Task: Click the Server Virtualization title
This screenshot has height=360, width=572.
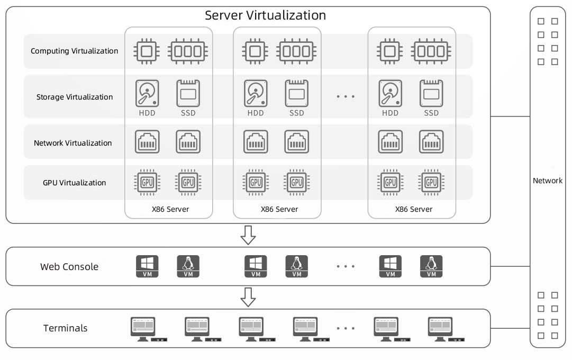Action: click(x=265, y=15)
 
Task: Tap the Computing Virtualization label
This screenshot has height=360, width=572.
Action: click(x=75, y=51)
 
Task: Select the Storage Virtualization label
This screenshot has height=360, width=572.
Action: click(x=75, y=97)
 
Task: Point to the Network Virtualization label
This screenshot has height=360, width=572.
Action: click(x=73, y=143)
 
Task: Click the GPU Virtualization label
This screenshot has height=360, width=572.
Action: click(x=75, y=183)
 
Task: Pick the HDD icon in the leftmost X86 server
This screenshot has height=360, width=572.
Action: click(x=147, y=94)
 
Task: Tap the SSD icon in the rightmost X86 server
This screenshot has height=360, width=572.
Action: click(x=431, y=94)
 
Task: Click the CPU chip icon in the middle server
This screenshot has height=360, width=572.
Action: click(x=255, y=51)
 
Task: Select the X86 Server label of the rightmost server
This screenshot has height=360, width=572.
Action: click(x=414, y=209)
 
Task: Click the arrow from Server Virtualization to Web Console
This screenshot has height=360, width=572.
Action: click(x=248, y=235)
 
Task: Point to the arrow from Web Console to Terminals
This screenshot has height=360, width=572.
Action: click(x=248, y=297)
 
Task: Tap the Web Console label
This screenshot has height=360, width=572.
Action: click(x=69, y=266)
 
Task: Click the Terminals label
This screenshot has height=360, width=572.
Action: click(x=65, y=328)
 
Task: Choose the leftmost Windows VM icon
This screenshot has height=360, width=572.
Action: click(x=147, y=266)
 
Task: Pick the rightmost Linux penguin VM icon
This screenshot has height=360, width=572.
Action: click(x=431, y=266)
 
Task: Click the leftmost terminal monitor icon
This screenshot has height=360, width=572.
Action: click(x=143, y=329)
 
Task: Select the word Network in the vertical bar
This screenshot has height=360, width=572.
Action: click(x=548, y=181)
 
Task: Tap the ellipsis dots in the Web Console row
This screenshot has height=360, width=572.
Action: click(x=346, y=266)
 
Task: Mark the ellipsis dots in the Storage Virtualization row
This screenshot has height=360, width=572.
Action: click(x=346, y=96)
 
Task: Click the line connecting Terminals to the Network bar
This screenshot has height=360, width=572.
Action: click(x=510, y=328)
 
